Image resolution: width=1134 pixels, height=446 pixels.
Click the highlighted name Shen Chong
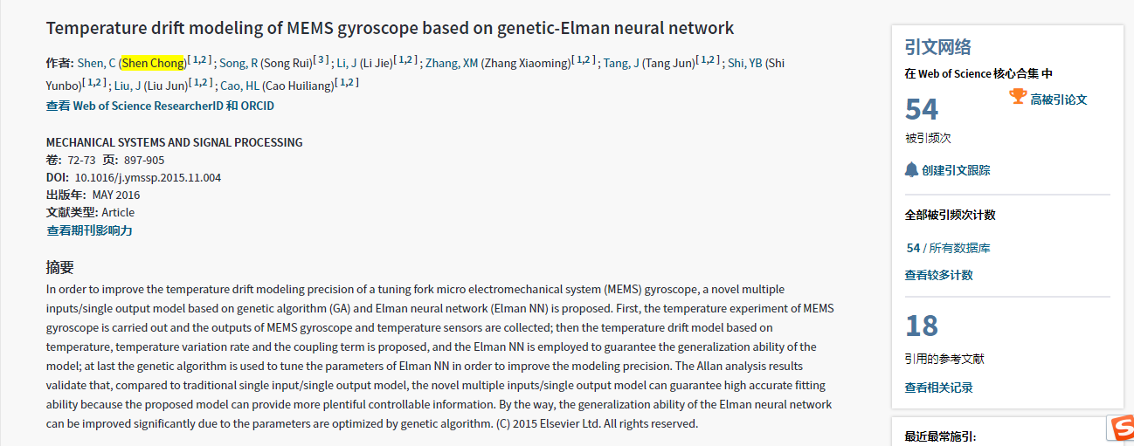tap(153, 63)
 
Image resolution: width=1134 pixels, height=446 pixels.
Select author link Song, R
tap(232, 63)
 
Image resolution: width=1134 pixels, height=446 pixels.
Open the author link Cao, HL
tap(240, 86)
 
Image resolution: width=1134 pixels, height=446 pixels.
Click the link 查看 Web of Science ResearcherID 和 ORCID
tap(160, 106)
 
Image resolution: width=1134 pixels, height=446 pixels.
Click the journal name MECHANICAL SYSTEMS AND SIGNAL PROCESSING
tap(174, 142)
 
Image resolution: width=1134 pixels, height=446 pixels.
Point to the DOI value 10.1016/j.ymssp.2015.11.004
tap(148, 177)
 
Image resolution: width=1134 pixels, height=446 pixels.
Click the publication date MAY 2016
tap(116, 195)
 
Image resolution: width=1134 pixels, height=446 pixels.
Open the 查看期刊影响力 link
tap(89, 230)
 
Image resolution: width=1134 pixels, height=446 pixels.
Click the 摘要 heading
tap(60, 267)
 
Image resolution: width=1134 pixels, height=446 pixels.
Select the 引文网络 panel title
tap(937, 47)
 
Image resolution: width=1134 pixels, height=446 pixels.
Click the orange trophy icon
tap(1017, 97)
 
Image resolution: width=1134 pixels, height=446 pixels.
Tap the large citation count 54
tap(922, 110)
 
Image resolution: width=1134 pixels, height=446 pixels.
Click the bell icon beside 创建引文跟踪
tap(911, 170)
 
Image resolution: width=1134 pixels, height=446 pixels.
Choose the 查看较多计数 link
tap(938, 275)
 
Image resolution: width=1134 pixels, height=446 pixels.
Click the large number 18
tap(922, 326)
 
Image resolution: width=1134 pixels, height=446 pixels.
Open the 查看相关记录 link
tap(938, 387)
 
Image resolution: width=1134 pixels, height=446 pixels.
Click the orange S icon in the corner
tap(1121, 427)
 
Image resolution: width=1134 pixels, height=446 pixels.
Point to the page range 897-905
tap(144, 160)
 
